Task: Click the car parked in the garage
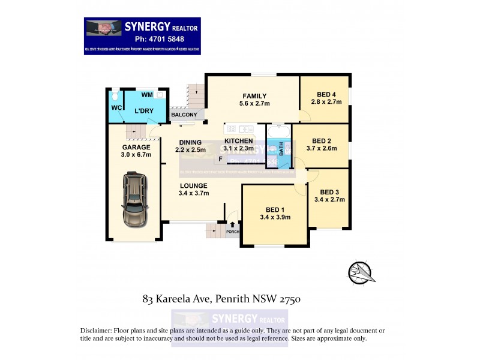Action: [x=134, y=200]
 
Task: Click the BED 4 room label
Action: [x=326, y=93]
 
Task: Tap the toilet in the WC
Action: [x=115, y=96]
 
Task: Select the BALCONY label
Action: [x=184, y=115]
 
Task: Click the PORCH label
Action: [x=233, y=232]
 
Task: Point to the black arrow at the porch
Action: [x=233, y=225]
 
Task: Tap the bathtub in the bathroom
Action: [x=278, y=131]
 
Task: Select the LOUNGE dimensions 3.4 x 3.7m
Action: [x=193, y=193]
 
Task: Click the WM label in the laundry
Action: [x=146, y=95]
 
